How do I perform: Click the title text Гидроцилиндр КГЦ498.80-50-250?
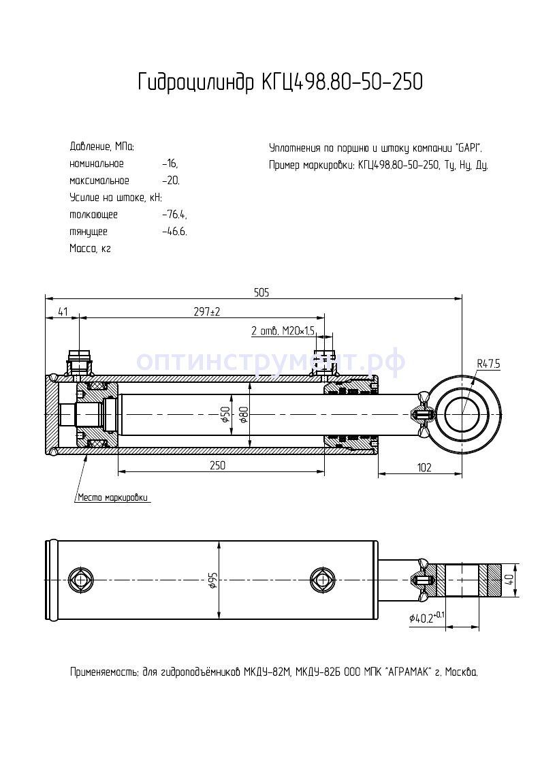pyautogui.click(x=280, y=82)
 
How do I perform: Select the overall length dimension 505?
pyautogui.click(x=261, y=292)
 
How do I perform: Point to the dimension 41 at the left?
pyautogui.click(x=63, y=311)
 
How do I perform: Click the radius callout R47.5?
pyautogui.click(x=488, y=364)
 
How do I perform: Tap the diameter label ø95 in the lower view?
pyautogui.click(x=212, y=580)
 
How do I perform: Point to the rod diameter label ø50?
pyautogui.click(x=225, y=413)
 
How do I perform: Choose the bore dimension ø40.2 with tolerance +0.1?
pyautogui.click(x=427, y=617)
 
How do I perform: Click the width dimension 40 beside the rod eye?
pyautogui.click(x=509, y=579)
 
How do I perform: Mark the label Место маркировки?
pyautogui.click(x=112, y=497)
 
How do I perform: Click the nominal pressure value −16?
pyautogui.click(x=170, y=163)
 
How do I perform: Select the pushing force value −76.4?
pyautogui.click(x=174, y=215)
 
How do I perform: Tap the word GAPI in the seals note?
pyautogui.click(x=468, y=147)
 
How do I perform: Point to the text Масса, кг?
pyautogui.click(x=90, y=249)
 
